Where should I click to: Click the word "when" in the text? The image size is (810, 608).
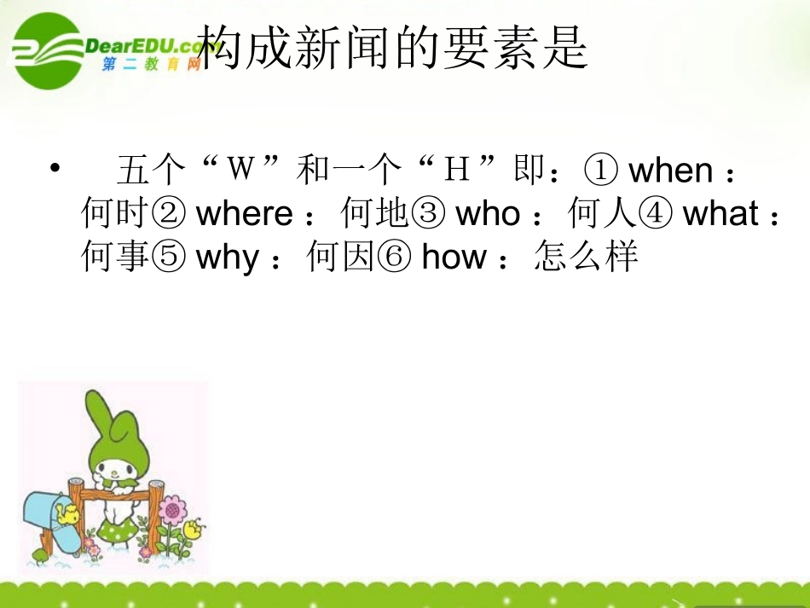coord(670,171)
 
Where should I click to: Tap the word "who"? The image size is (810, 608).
coord(487,214)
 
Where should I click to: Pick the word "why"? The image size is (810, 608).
coord(227,258)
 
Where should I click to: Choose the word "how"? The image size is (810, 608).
coord(454,258)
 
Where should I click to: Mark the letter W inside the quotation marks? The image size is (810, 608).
coord(242,170)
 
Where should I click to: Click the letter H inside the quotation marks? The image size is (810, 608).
coord(458,171)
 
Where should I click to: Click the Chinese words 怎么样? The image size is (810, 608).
coord(587,258)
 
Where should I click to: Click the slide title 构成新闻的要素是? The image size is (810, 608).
coord(392,46)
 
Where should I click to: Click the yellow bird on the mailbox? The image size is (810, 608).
coord(67,513)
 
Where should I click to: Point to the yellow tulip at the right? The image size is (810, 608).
coord(194,528)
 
